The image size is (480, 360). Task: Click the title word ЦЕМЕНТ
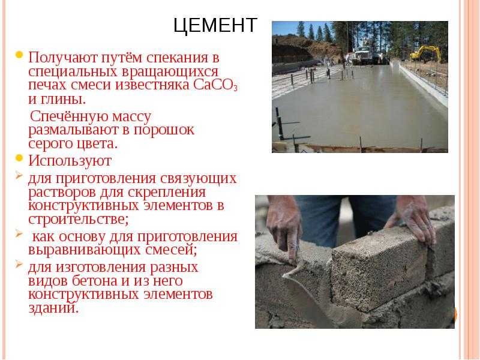(215, 25)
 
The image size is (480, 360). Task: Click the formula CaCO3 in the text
(215, 85)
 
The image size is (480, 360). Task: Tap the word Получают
(63, 57)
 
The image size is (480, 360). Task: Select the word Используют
(70, 160)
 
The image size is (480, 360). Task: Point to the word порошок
(164, 130)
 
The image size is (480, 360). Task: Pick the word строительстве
(79, 219)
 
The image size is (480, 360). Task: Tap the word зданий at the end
(53, 308)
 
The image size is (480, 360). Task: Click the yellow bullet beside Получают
(19, 55)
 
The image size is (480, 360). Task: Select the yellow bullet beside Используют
(19, 158)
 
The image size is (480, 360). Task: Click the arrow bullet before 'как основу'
(19, 233)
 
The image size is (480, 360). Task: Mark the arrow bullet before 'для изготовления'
(19, 264)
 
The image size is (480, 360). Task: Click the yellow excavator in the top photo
(426, 53)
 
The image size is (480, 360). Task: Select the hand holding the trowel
(284, 227)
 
